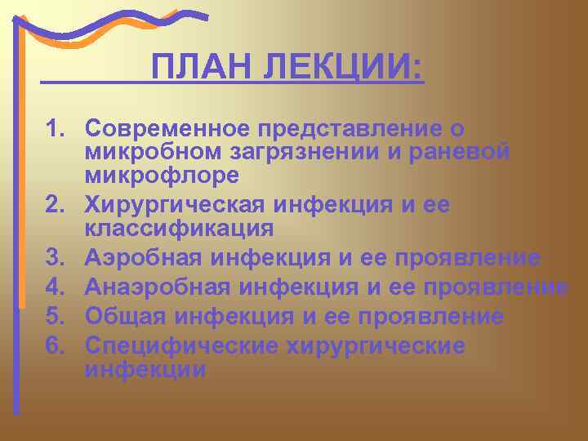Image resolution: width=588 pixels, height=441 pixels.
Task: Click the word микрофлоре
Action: [161, 175]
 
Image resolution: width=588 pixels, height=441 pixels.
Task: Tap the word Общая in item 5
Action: [125, 316]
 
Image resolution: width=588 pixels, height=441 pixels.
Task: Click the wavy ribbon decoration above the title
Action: [114, 24]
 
